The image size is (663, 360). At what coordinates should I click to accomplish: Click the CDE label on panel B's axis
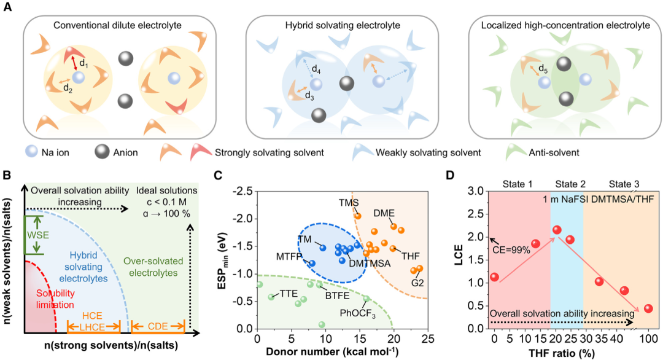(158, 325)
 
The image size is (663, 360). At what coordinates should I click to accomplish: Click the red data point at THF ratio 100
(648, 308)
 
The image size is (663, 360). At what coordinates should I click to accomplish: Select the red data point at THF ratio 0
(494, 277)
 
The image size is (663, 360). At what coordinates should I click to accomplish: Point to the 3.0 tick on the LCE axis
(475, 191)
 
